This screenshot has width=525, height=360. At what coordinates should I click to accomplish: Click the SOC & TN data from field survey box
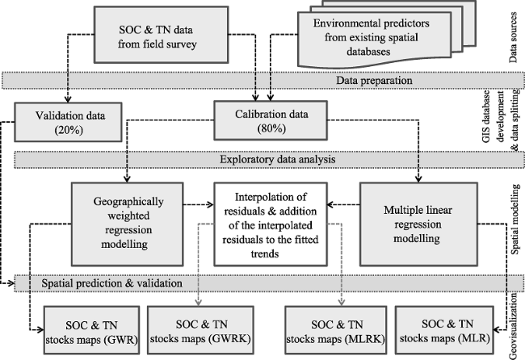(x=161, y=35)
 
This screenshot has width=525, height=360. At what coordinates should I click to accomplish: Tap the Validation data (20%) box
(x=68, y=122)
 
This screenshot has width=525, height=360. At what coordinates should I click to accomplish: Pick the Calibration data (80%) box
(x=271, y=120)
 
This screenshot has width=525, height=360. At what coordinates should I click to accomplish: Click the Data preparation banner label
(x=374, y=80)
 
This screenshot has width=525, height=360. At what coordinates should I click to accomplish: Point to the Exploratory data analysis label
(x=278, y=159)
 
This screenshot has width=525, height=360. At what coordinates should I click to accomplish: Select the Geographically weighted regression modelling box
(x=128, y=224)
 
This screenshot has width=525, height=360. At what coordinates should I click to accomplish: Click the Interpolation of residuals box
(x=271, y=224)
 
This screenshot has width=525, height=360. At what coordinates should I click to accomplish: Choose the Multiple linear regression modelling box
(x=418, y=224)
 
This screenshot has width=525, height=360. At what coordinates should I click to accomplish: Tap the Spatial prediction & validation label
(x=111, y=283)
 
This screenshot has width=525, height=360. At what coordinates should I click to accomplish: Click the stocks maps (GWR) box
(x=92, y=330)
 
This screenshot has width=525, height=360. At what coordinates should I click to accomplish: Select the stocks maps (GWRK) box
(x=200, y=330)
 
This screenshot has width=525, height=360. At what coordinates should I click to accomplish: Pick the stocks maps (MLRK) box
(x=335, y=330)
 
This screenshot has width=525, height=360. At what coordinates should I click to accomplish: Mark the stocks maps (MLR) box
(x=444, y=330)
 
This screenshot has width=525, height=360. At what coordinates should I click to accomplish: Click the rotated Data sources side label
(x=513, y=37)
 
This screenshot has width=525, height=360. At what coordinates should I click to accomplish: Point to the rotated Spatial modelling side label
(x=515, y=219)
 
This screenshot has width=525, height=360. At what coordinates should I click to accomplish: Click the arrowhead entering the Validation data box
(x=68, y=99)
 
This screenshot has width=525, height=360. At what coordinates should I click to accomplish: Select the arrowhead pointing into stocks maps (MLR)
(x=497, y=330)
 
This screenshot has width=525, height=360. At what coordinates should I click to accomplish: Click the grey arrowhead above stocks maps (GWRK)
(x=198, y=303)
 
